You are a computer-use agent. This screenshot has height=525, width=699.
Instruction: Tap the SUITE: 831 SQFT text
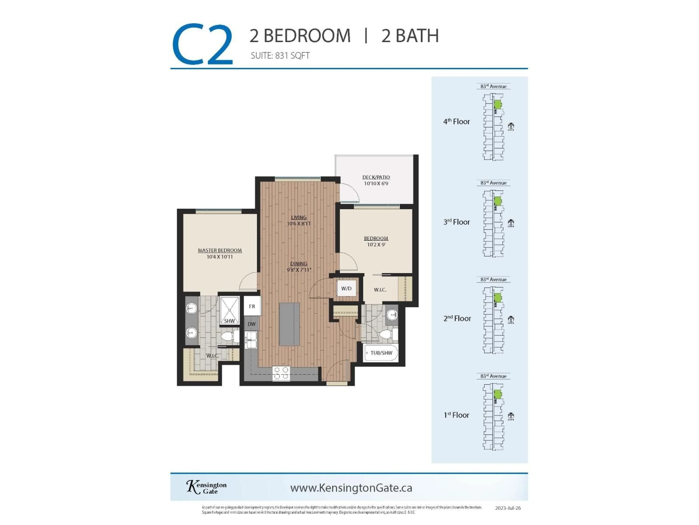point(280,56)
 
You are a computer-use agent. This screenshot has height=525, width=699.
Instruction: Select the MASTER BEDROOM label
point(220,250)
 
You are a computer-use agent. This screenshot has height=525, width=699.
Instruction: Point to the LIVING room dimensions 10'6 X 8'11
point(299,224)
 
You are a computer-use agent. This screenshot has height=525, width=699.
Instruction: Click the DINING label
point(299,264)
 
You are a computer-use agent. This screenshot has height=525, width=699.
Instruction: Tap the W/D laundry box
point(346,288)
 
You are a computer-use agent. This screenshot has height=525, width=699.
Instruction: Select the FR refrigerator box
point(252,306)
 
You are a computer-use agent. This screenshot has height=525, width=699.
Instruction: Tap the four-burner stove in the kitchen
point(281,373)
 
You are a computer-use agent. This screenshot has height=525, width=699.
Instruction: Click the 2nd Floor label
point(457,318)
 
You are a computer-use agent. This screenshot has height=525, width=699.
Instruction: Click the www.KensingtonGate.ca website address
point(351,488)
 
